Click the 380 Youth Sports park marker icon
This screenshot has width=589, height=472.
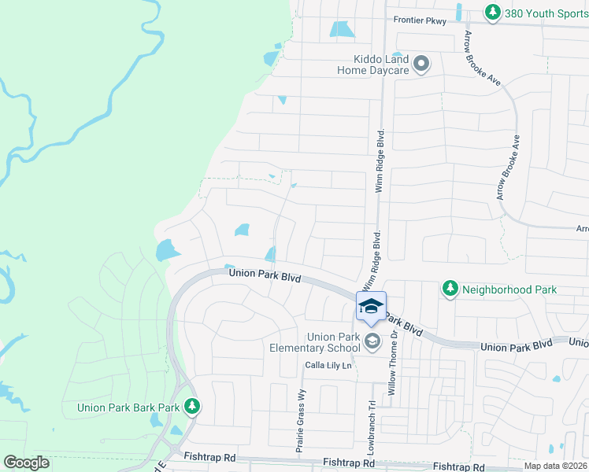[x=492, y=13]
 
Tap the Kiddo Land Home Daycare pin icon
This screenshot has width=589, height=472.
[x=420, y=64]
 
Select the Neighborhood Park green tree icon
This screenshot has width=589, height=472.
[x=450, y=289]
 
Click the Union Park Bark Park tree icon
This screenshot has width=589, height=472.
[x=191, y=407]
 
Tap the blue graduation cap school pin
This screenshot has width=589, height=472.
[x=372, y=306]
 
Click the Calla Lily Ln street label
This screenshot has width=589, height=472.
[x=328, y=366]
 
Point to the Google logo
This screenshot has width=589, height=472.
[x=27, y=463]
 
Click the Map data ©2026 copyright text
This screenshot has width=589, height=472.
[x=556, y=466]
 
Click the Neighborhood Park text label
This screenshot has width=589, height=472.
[x=509, y=289]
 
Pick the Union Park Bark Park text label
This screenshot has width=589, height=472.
[x=128, y=407]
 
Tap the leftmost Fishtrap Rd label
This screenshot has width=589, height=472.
[x=209, y=456]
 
